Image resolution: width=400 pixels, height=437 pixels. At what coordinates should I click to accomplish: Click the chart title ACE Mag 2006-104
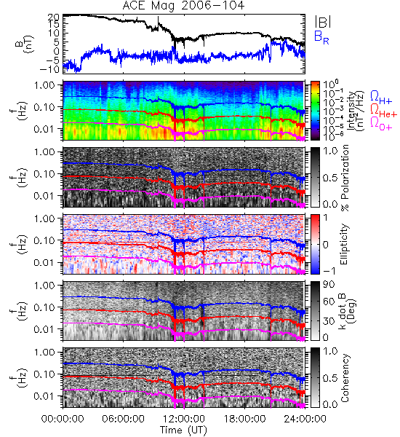point(183,6)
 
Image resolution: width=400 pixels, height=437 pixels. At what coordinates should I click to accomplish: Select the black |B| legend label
point(323,22)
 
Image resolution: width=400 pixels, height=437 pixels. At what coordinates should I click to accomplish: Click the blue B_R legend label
point(321,37)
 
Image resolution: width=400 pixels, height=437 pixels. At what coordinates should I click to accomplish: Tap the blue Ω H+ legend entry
point(381,98)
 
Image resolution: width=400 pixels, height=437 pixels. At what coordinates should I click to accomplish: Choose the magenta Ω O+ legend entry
point(381,124)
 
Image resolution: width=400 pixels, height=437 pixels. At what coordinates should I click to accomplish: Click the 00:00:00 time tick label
point(63,418)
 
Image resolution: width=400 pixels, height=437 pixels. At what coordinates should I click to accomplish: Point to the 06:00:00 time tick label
point(124,418)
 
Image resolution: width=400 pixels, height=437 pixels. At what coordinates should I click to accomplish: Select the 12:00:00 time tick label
point(184,418)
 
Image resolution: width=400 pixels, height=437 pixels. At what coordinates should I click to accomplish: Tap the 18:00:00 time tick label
point(244,418)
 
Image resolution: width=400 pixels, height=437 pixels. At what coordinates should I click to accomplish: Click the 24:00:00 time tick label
point(305,418)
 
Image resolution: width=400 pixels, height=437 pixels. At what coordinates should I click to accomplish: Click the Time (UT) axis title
point(184,430)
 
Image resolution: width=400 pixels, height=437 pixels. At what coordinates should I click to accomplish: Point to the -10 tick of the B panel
point(50,68)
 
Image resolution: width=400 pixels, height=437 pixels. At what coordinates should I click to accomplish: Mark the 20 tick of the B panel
point(54,17)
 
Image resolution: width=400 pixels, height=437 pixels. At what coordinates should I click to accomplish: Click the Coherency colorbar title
point(345,378)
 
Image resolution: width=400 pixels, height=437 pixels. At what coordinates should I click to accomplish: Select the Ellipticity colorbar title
point(344,244)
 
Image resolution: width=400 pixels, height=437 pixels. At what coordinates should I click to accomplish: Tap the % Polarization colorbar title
point(345,178)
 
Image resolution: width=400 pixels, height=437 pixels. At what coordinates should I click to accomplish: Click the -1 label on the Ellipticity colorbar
point(329,270)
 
